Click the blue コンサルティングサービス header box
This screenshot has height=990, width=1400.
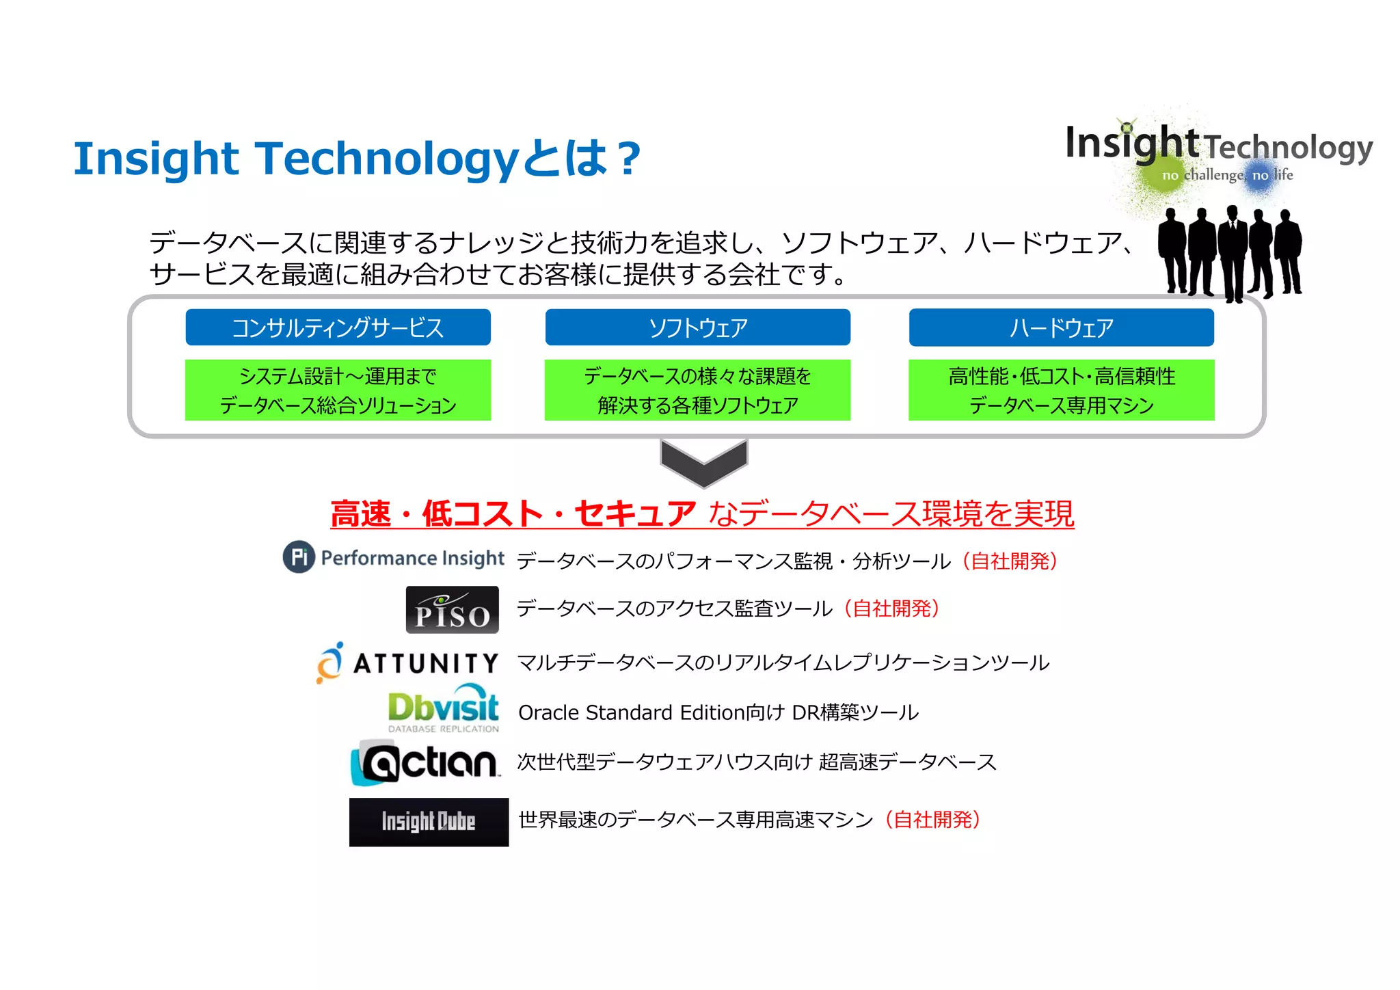pyautogui.click(x=338, y=327)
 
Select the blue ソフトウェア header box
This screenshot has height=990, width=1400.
pyautogui.click(x=697, y=327)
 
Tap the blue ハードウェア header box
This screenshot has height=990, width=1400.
pyautogui.click(x=1061, y=327)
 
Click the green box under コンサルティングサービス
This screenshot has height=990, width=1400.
pyautogui.click(x=338, y=390)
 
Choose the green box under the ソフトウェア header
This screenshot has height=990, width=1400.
pyautogui.click(x=697, y=390)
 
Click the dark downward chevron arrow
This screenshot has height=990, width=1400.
pyautogui.click(x=703, y=461)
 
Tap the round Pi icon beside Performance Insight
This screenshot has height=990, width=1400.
pyautogui.click(x=299, y=557)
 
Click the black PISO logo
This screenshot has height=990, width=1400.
pyautogui.click(x=452, y=609)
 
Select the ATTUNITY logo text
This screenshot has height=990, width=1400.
pyautogui.click(x=425, y=663)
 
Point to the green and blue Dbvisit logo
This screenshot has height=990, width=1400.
pyautogui.click(x=443, y=709)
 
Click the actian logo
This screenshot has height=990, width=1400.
pyautogui.click(x=425, y=762)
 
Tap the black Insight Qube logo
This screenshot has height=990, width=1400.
pyautogui.click(x=429, y=822)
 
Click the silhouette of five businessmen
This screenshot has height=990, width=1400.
pyautogui.click(x=1229, y=253)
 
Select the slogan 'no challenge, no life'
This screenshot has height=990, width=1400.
pyautogui.click(x=1227, y=176)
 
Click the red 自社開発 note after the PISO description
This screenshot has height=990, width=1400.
pyautogui.click(x=891, y=608)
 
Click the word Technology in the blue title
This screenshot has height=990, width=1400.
pyautogui.click(x=387, y=159)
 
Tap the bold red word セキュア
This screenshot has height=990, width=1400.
pyautogui.click(x=634, y=514)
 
